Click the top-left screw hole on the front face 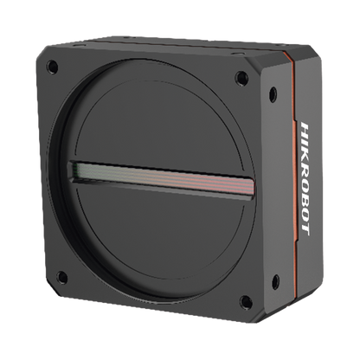52,67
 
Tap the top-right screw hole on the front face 241,77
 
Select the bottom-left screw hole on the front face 61,277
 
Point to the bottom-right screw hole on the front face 246,301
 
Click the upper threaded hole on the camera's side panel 273,93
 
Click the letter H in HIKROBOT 305,129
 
